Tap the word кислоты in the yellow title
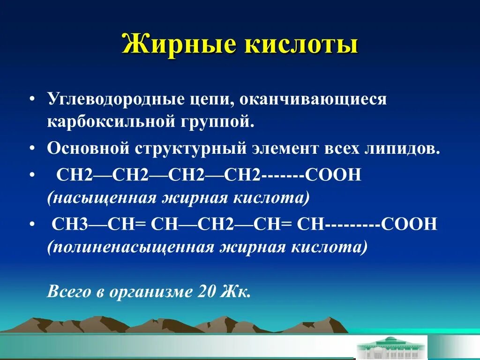pos(292,45)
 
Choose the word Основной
pos(88,149)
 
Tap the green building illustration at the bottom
pos(391,347)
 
